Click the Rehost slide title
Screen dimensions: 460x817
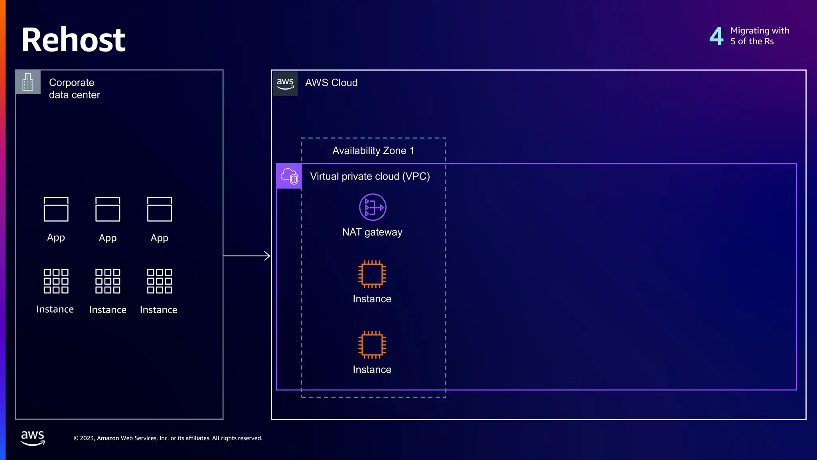tap(73, 40)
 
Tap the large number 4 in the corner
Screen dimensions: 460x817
tap(716, 36)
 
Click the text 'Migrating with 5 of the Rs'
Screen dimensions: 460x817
tap(760, 36)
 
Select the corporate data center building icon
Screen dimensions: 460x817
tap(28, 82)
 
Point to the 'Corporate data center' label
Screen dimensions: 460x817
tap(74, 89)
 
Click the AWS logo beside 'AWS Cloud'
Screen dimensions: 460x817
tap(285, 83)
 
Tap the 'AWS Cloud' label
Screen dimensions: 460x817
tap(331, 83)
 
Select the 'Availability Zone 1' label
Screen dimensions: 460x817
tap(373, 151)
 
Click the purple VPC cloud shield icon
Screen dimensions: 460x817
tap(289, 176)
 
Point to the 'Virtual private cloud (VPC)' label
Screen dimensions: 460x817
tap(370, 176)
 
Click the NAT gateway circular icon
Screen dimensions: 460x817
tap(373, 207)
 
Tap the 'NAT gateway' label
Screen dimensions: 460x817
tap(372, 232)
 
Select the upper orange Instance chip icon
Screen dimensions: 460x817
tap(372, 274)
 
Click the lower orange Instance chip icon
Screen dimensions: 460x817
tap(372, 345)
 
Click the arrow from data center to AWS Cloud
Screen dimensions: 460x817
tap(247, 256)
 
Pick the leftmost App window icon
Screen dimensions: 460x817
tap(56, 209)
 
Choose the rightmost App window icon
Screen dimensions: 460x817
tap(160, 209)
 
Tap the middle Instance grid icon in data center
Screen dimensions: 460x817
tap(108, 281)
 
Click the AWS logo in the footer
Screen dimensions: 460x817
tap(33, 438)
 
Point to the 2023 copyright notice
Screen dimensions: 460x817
tap(168, 438)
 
